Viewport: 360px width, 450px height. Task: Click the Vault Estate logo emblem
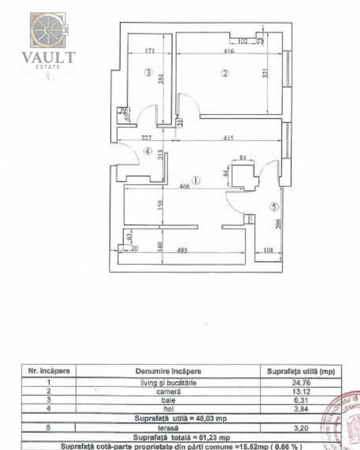click(x=48, y=31)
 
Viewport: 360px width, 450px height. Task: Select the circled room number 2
click(x=224, y=73)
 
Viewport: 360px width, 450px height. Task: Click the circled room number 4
click(x=147, y=151)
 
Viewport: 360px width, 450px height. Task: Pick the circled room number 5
click(x=274, y=206)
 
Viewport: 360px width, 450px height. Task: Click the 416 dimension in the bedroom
click(x=227, y=51)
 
